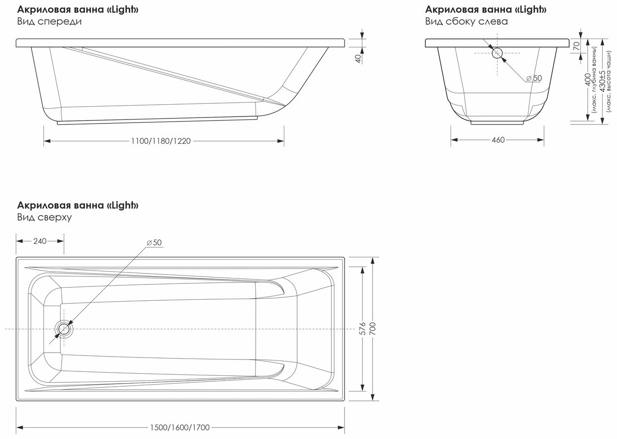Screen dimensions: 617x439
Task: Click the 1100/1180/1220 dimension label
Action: point(161,141)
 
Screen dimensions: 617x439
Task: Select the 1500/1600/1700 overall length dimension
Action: point(180,428)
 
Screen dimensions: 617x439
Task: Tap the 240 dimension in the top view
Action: point(40,241)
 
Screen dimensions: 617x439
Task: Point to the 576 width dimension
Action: point(363,328)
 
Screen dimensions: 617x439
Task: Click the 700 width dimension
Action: point(373,328)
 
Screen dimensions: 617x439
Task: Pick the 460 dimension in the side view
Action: point(498,140)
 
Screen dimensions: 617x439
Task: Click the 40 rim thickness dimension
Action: point(358,59)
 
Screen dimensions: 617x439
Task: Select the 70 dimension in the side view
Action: point(576,46)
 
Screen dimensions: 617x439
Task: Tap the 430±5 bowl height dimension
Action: point(602,81)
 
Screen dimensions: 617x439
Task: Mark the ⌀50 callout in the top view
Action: point(154,242)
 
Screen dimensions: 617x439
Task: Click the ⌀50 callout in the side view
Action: point(535,78)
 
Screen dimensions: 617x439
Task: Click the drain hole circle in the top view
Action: point(64,329)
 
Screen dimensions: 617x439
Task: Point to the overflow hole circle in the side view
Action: point(497,53)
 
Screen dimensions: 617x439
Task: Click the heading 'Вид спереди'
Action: point(49,22)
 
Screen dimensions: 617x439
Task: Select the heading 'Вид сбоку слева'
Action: point(466,22)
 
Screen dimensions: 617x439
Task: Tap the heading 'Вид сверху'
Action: point(44,217)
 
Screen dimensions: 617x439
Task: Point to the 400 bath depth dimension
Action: point(587,80)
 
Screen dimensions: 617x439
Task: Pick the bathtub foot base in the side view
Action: point(497,122)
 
